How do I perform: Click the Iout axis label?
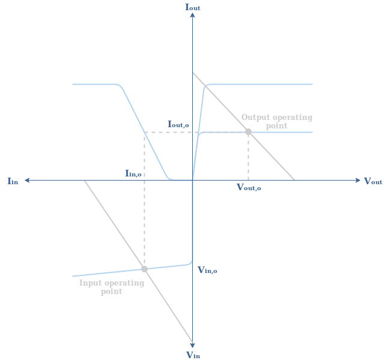[x=192, y=7]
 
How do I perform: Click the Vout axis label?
[x=372, y=181]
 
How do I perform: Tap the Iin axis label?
[x=13, y=181]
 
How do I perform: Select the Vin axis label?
[x=193, y=355]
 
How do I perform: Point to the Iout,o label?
[x=178, y=125]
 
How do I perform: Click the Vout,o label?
[x=249, y=188]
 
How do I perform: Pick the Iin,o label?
[x=133, y=174]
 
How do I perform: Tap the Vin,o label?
[x=207, y=271]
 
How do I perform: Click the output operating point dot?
[x=248, y=131]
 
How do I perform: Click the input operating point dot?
[x=144, y=269]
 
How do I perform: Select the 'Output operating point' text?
[x=277, y=122]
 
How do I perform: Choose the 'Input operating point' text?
[x=112, y=287]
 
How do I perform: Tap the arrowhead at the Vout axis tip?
[x=358, y=180]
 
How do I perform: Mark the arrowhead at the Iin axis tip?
[x=27, y=180]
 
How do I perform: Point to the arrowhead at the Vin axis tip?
[x=192, y=344]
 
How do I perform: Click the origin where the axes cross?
[x=192, y=180]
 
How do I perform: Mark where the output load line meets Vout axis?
[x=294, y=180]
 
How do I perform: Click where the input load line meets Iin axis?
[x=85, y=180]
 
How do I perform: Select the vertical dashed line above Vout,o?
[x=248, y=156]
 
